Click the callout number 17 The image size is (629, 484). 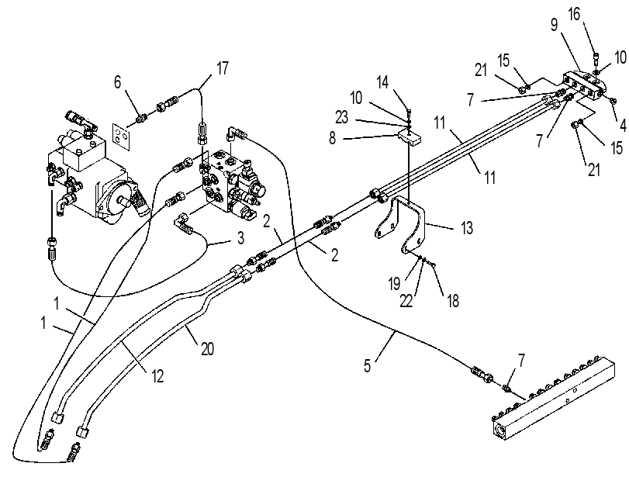(223, 68)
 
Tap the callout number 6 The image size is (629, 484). (117, 82)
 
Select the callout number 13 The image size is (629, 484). (467, 228)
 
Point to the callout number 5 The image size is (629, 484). (368, 365)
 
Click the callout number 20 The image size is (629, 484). (207, 349)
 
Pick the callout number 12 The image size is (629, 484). (157, 376)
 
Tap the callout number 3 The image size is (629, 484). (240, 237)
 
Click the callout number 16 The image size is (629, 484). (574, 14)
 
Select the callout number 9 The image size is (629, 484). (554, 25)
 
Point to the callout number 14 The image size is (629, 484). (382, 82)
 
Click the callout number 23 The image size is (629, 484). (342, 118)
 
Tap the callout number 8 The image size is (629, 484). (332, 139)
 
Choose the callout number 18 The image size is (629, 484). (453, 301)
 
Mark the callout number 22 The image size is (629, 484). (406, 301)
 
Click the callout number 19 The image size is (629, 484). (394, 284)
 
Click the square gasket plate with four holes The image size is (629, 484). (122, 137)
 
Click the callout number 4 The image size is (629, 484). (623, 126)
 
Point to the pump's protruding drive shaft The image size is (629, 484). (122, 199)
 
